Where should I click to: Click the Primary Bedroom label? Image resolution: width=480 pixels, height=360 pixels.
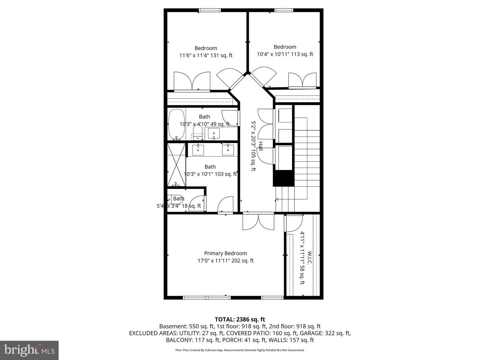[x=225, y=253]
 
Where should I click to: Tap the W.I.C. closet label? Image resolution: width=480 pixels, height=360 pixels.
[x=309, y=258]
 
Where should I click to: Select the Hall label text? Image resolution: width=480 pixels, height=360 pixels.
[x=261, y=146]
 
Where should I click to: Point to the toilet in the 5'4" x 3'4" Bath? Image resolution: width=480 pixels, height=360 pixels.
[x=175, y=199]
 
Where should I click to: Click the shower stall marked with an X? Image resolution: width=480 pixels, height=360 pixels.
[x=176, y=165]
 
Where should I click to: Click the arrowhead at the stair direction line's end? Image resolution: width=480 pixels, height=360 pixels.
[x=277, y=199]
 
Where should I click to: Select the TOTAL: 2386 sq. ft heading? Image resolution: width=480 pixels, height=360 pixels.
[x=240, y=320]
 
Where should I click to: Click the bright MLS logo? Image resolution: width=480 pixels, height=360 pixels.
[x=29, y=350]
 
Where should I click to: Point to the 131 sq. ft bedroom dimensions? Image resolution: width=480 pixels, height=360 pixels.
[x=206, y=56]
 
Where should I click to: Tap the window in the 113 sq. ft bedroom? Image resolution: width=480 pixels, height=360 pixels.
[x=284, y=10]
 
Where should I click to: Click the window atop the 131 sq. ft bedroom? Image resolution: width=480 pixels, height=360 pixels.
[x=210, y=10]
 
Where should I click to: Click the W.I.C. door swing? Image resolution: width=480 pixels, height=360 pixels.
[x=294, y=223]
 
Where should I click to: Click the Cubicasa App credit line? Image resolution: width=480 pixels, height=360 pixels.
[x=240, y=350]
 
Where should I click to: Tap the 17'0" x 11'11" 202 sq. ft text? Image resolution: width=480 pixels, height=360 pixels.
[x=226, y=261]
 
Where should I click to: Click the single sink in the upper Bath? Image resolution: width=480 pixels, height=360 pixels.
[x=214, y=134]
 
